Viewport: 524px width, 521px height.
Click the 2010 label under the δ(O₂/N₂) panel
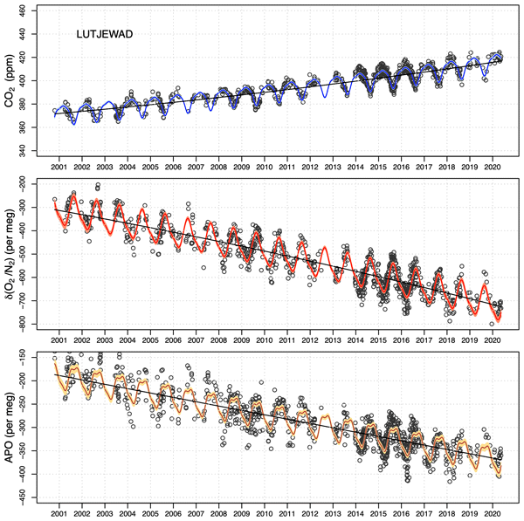[264, 339]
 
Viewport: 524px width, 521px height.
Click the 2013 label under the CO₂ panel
[332, 166]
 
